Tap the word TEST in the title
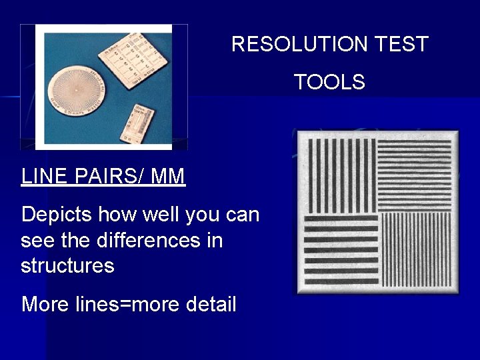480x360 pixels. pos(401,45)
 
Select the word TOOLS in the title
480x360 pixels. pos(329,82)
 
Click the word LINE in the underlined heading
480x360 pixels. pos(44,177)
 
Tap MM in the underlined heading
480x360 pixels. pos(168,177)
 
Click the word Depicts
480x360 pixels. pos(57,215)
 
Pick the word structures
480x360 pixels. pos(67,265)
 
